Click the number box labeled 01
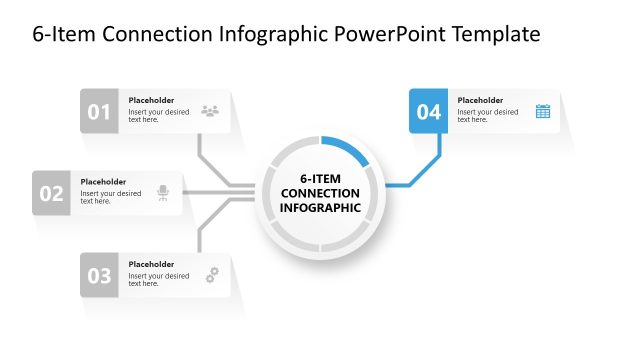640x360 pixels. pos(99,112)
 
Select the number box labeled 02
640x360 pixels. pos(51,193)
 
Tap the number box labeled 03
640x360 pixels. pos(99,276)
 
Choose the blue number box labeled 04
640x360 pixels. pos(428,112)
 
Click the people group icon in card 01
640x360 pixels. pos(210,111)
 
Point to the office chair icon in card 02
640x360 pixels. pos(163,193)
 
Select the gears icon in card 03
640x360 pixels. pos(211,275)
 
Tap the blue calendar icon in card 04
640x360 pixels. pos(542,111)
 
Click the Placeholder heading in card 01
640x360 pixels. pos(151,100)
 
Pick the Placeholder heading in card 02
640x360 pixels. pos(103,182)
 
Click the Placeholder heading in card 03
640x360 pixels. pos(151,264)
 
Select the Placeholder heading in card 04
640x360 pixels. pos(480,100)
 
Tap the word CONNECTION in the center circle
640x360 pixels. pos(320,193)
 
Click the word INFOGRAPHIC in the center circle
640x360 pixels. pos(320,208)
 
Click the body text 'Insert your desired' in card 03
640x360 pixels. pos(158,275)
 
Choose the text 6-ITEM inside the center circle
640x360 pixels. pos(320,177)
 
